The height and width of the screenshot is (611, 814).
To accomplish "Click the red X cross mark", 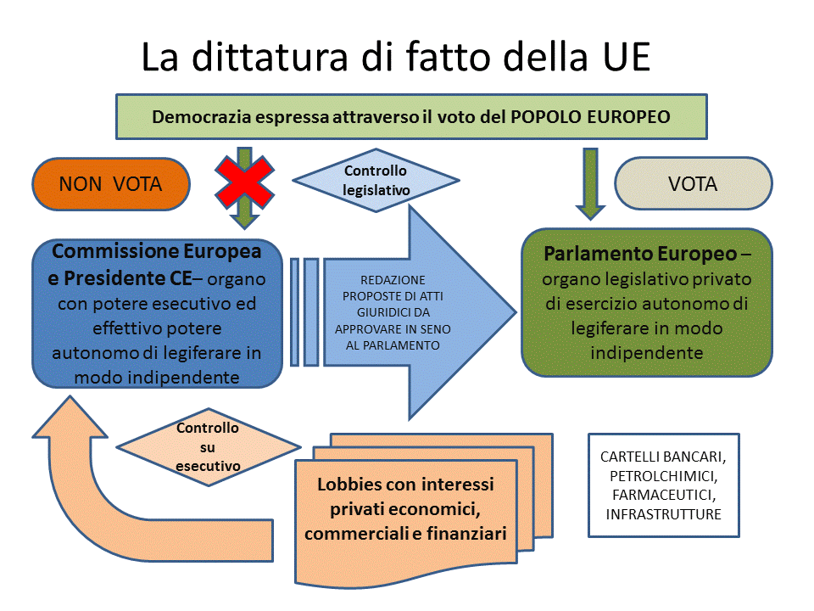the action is coord(244,182).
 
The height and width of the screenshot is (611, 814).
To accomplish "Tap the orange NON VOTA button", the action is coord(111,184).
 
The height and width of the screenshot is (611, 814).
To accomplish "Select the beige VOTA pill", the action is coord(693,183).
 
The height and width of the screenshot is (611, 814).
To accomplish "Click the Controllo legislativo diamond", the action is coord(376,180).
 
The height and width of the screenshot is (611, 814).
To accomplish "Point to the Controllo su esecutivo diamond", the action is coord(209,447).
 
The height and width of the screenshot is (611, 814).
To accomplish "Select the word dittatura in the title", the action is coord(270,57).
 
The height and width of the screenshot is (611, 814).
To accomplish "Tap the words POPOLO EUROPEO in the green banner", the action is coord(590,117).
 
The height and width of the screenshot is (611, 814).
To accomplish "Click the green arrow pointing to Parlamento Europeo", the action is coord(590,183).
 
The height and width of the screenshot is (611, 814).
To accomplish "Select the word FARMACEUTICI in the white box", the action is coord(664,495).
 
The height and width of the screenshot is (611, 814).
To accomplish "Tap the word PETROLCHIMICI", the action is coord(663,476).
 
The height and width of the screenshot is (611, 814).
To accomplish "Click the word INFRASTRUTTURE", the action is coord(663,514).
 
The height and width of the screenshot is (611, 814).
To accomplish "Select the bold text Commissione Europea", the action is coord(156,251).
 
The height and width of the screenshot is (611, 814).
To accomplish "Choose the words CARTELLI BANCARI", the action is coord(663,457).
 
